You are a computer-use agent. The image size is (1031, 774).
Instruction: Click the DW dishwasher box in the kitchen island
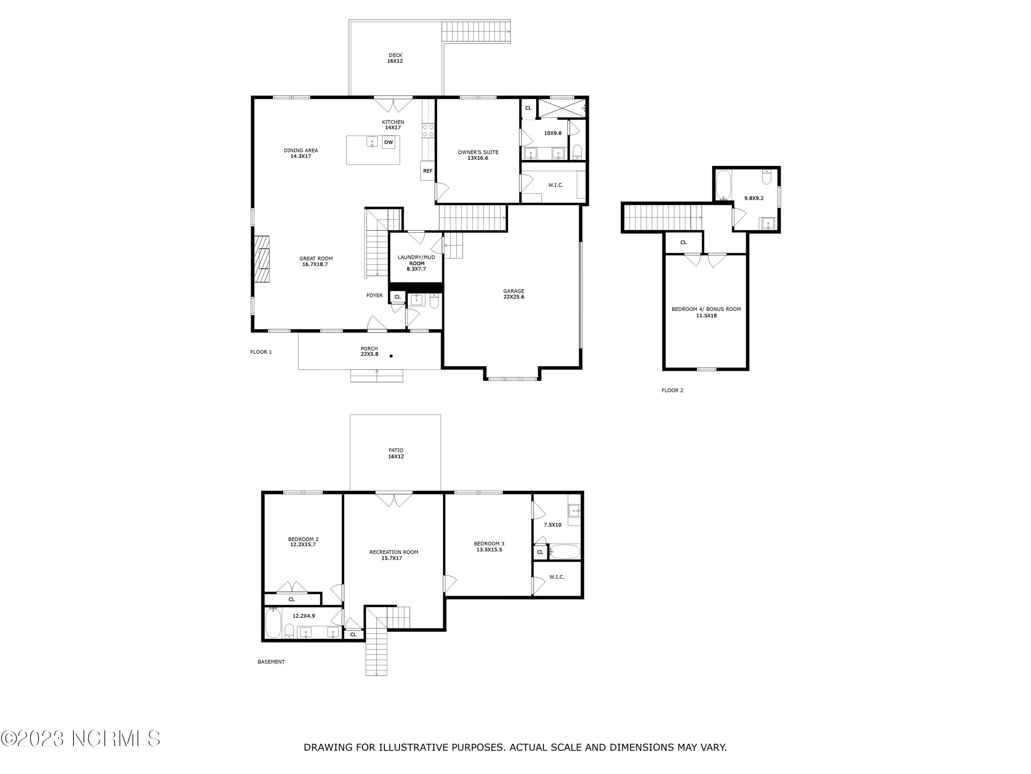pos(388,142)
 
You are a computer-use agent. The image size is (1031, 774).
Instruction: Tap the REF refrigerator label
pos(428,171)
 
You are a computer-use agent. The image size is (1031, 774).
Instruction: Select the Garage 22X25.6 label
pos(514,294)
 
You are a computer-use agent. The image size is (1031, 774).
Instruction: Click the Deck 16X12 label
pos(395,58)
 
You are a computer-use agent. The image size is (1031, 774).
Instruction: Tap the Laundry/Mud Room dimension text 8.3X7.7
pos(416,269)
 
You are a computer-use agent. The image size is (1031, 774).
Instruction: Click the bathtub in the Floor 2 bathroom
pos(723,185)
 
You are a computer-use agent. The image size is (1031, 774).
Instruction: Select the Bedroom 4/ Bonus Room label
pos(706,312)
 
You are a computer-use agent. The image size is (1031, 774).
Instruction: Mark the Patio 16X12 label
pos(396,453)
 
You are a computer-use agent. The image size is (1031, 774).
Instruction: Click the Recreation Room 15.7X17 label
pos(393,555)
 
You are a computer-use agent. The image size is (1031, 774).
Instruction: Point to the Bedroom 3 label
pos(489,544)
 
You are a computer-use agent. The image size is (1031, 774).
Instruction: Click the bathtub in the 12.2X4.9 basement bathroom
pos(273,623)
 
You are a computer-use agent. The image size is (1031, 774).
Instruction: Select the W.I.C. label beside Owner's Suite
pos(556,185)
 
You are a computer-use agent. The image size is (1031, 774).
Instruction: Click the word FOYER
pos(374,295)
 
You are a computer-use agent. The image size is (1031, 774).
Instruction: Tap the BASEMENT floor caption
pos(271,662)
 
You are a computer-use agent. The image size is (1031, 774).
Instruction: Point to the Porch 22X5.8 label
pos(369,351)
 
